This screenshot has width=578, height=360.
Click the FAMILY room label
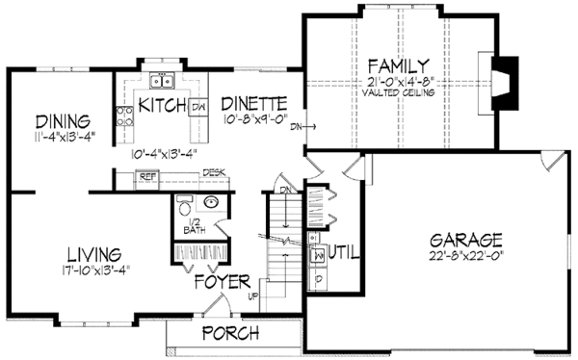click(398, 66)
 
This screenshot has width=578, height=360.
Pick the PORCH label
click(229, 333)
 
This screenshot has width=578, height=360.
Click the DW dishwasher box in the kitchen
click(197, 107)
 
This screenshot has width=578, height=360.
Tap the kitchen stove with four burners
click(124, 116)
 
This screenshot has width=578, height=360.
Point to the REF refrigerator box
click(147, 177)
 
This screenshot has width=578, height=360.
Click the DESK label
click(213, 173)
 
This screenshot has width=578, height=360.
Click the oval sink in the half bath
click(212, 203)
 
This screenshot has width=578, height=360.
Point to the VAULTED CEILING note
click(398, 93)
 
